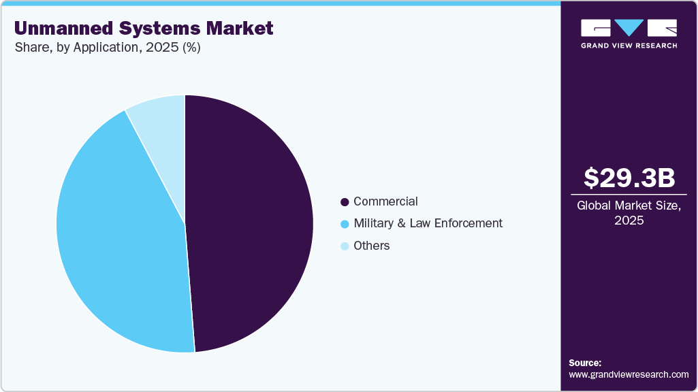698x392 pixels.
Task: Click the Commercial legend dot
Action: pyautogui.click(x=345, y=202)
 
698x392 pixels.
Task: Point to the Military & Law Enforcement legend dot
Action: pyautogui.click(x=345, y=224)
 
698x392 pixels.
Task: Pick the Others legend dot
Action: pyautogui.click(x=345, y=246)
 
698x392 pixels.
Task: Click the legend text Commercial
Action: pyautogui.click(x=385, y=201)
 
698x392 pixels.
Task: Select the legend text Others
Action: pyautogui.click(x=372, y=246)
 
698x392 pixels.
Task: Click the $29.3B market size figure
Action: pyautogui.click(x=629, y=178)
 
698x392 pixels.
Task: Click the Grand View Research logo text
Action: pyautogui.click(x=629, y=46)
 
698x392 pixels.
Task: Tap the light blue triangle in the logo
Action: pyautogui.click(x=629, y=27)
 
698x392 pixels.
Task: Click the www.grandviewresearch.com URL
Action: pyautogui.click(x=629, y=374)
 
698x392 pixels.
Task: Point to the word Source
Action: pyautogui.click(x=585, y=363)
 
